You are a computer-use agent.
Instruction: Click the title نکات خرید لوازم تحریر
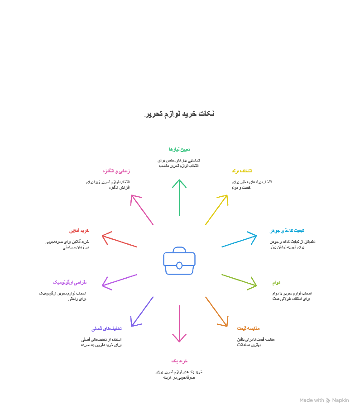[x=180, y=114]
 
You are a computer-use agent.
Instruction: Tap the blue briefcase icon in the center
[x=179, y=261]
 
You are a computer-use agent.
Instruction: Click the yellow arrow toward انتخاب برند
[x=216, y=209]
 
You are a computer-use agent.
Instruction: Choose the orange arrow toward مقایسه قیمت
[x=216, y=311]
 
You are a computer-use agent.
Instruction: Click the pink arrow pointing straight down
[x=180, y=323]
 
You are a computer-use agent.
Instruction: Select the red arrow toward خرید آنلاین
[x=120, y=241]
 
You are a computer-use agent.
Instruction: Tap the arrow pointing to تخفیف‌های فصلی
[x=142, y=312]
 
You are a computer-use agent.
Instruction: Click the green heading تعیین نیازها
[x=179, y=149]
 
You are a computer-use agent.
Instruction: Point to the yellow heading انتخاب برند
[x=241, y=171]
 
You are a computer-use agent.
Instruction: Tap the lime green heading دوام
[x=276, y=283]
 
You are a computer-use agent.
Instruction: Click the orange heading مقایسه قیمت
[x=248, y=328]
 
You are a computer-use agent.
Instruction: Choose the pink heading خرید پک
[x=179, y=361]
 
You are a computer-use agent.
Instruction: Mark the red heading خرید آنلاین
[x=79, y=231]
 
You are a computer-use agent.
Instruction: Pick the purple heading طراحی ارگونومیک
[x=70, y=282]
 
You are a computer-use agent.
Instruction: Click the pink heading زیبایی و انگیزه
[x=116, y=171]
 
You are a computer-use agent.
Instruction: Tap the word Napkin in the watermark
[x=341, y=400]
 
